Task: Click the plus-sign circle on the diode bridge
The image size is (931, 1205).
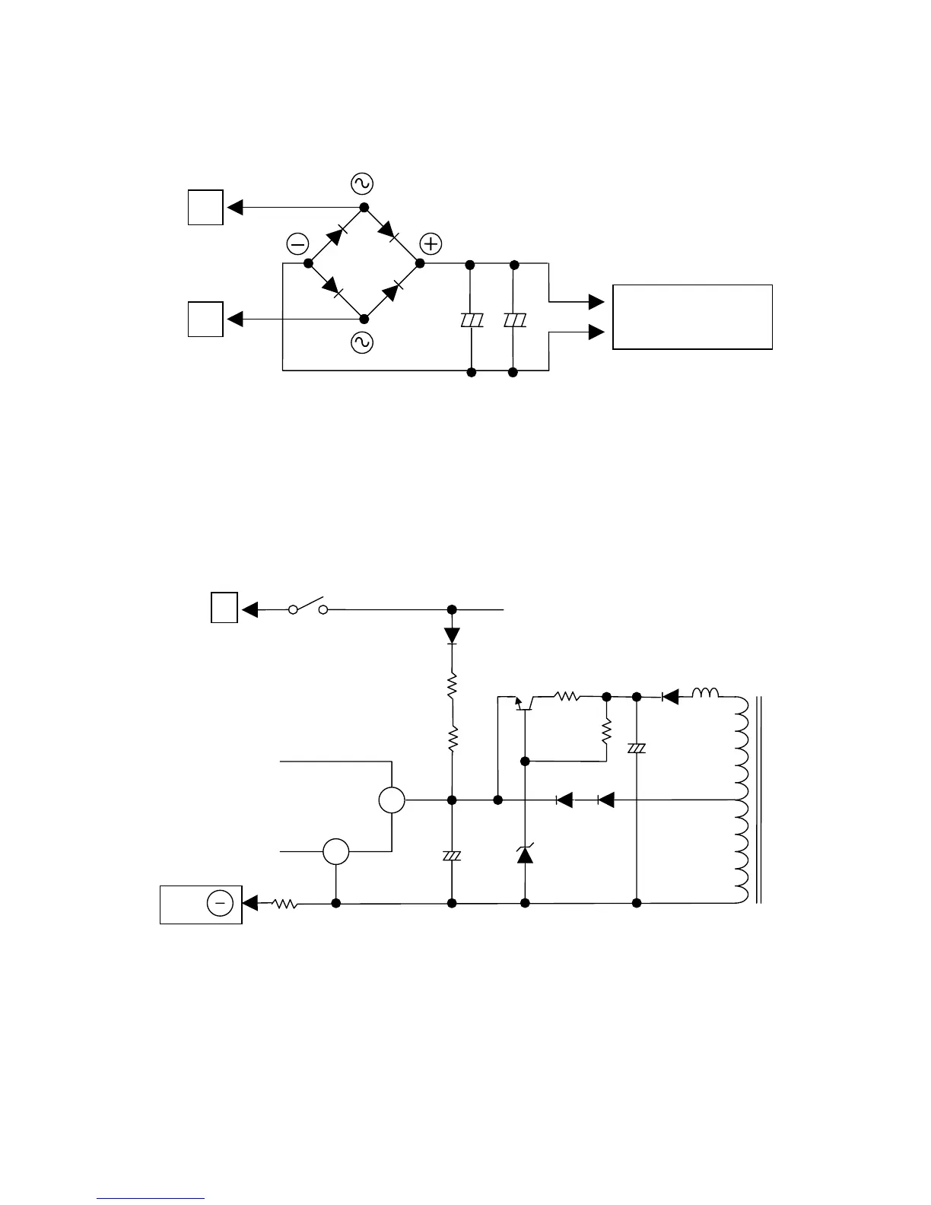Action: click(x=431, y=244)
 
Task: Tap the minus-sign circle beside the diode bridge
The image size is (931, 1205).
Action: click(x=297, y=244)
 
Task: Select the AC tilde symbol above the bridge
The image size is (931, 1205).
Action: click(x=361, y=183)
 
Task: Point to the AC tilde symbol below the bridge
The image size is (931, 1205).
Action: click(x=361, y=343)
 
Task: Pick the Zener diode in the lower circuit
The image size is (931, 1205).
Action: click(x=525, y=854)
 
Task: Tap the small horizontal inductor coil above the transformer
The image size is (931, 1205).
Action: click(x=704, y=693)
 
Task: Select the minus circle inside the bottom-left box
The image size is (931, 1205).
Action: click(x=220, y=903)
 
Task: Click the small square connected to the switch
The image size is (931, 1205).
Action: click(x=224, y=609)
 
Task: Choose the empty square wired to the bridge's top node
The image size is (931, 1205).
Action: click(x=205, y=208)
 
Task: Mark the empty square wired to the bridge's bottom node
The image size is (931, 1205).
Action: click(x=205, y=319)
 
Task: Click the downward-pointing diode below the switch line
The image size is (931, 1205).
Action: click(x=452, y=634)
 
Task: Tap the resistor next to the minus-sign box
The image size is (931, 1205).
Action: click(x=284, y=904)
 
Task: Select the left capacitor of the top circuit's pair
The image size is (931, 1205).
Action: click(x=472, y=321)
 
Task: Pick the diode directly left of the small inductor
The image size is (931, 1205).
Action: click(x=669, y=696)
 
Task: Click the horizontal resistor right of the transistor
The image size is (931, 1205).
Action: click(x=567, y=696)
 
